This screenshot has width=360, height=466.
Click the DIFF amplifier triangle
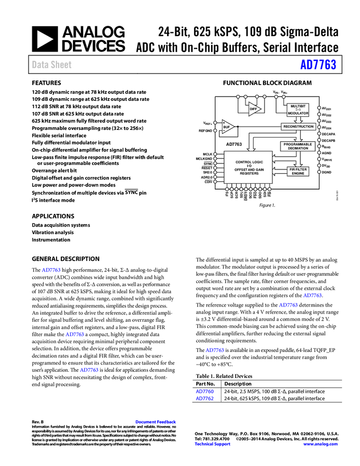point(254,109)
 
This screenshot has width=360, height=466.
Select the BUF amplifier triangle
point(227,127)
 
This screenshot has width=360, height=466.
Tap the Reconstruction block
point(298,127)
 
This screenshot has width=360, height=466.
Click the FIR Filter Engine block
point(298,171)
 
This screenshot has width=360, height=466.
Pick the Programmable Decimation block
point(298,146)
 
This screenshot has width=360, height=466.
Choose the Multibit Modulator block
point(298,110)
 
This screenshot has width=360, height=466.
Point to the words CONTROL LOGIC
point(249,162)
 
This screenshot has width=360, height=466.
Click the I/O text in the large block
point(249,166)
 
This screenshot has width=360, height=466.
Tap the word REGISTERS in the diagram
point(249,174)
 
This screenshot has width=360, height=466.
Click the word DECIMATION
point(298,149)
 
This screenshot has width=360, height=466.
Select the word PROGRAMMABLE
point(298,144)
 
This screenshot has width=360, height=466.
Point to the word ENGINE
point(298,173)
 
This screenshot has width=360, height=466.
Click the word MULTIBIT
point(298,106)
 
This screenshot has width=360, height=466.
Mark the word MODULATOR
point(298,113)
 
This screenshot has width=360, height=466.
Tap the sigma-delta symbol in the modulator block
point(298,110)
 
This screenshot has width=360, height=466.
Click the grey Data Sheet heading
point(52,65)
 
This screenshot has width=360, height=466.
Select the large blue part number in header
point(318,65)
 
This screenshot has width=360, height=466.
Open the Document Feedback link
point(156,422)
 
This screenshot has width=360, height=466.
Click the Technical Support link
point(213,444)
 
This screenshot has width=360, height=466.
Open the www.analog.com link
point(321,444)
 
